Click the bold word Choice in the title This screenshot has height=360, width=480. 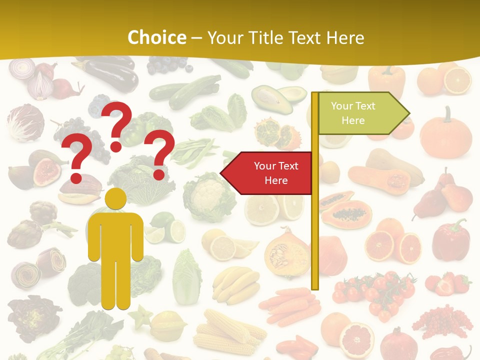pos(156,37)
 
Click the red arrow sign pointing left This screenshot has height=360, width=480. pos(269,173)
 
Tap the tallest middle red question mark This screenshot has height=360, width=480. pos(117,125)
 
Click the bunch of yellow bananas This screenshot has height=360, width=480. pos(235,284)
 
